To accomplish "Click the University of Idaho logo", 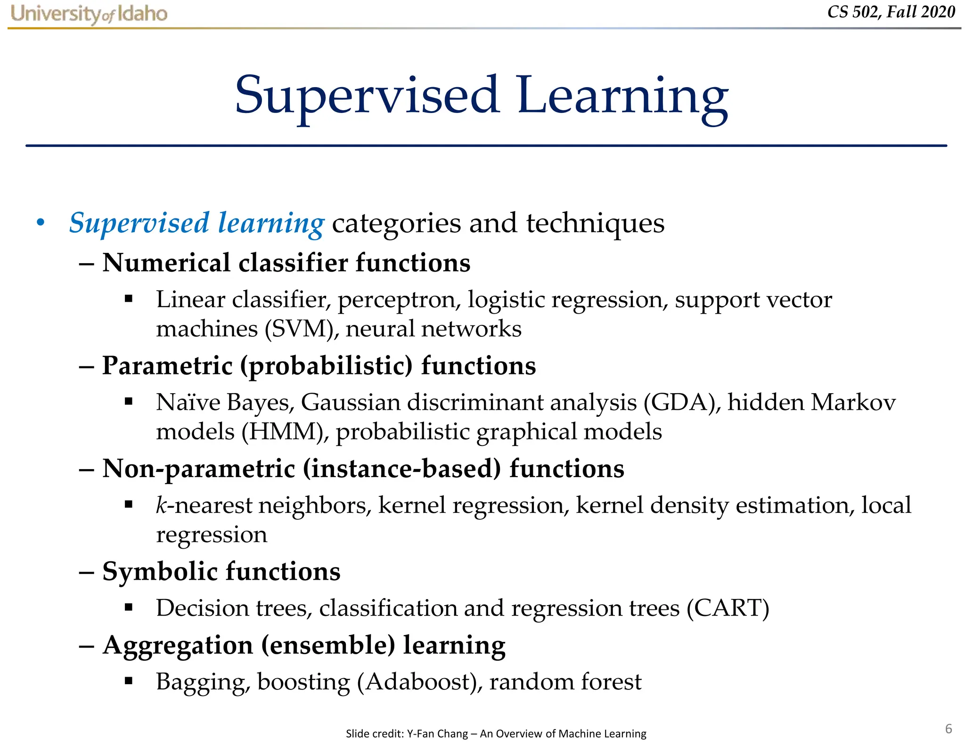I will (x=89, y=14).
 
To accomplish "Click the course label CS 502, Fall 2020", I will (x=891, y=12).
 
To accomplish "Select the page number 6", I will (x=949, y=729).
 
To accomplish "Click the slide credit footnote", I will (x=496, y=733).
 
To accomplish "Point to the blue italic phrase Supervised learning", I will (x=196, y=223).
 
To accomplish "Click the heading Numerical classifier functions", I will (x=286, y=263).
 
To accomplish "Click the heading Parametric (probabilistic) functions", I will (x=319, y=366).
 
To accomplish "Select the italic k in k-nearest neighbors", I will (x=162, y=505).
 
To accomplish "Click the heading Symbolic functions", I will (x=221, y=572).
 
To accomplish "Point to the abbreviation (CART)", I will (x=728, y=608).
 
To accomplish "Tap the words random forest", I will (x=565, y=682).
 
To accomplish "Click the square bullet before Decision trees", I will (x=129, y=607).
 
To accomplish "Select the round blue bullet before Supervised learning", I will (x=41, y=223).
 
